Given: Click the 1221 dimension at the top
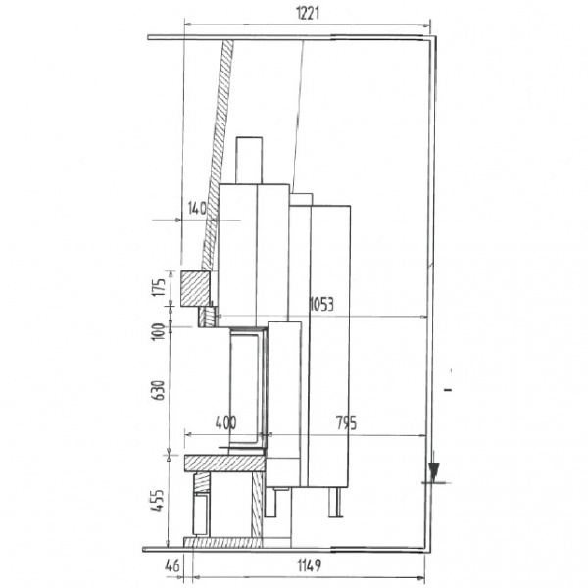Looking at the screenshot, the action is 308,13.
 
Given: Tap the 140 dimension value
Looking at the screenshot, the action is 197,208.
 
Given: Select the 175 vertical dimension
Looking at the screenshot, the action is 159,287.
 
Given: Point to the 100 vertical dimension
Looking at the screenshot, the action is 159,331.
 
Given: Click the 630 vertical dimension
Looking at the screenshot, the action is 159,390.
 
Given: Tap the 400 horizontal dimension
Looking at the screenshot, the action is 225,422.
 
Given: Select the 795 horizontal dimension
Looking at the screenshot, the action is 346,423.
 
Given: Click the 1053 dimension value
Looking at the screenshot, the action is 321,304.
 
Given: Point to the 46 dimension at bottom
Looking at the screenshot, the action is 172,565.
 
